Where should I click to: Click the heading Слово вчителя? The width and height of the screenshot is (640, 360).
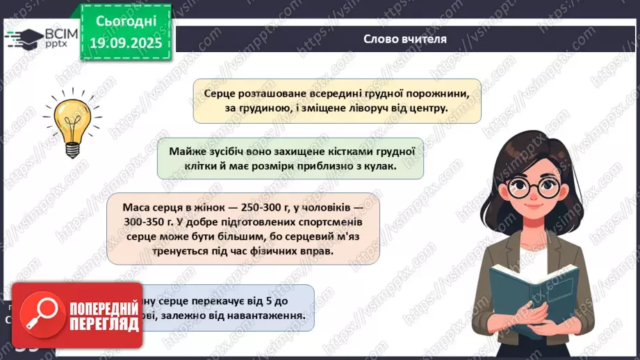404,39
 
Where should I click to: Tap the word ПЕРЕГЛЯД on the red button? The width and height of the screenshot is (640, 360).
96,323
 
